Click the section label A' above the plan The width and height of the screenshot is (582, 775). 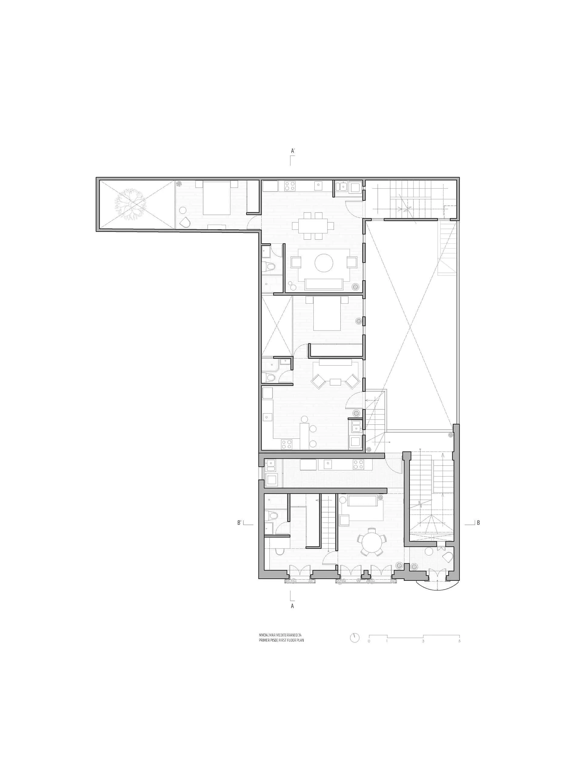[293, 151]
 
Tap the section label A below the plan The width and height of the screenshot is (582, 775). [292, 606]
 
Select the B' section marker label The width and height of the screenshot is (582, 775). [239, 523]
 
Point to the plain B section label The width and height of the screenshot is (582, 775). [478, 523]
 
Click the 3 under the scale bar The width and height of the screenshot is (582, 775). [423, 641]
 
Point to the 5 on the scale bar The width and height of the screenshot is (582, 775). [459, 641]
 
